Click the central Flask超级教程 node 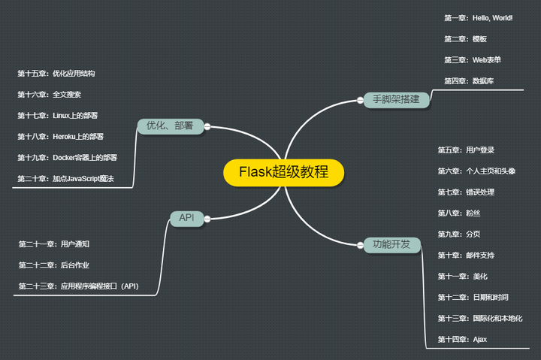pyautogui.click(x=283, y=172)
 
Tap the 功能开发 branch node pyautogui.click(x=391, y=244)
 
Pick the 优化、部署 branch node pyautogui.click(x=170, y=126)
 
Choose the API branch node pyautogui.click(x=186, y=218)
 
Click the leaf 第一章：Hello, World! pyautogui.click(x=478, y=17)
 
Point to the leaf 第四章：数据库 pyautogui.click(x=469, y=80)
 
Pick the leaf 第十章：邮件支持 pyautogui.click(x=466, y=256)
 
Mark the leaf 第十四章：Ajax pyautogui.click(x=462, y=340)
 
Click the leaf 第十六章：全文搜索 pyautogui.click(x=50, y=95)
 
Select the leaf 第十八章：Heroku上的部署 pyautogui.click(x=61, y=137)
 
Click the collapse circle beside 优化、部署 pyautogui.click(x=207, y=126)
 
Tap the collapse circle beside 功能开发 pyautogui.click(x=357, y=244)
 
